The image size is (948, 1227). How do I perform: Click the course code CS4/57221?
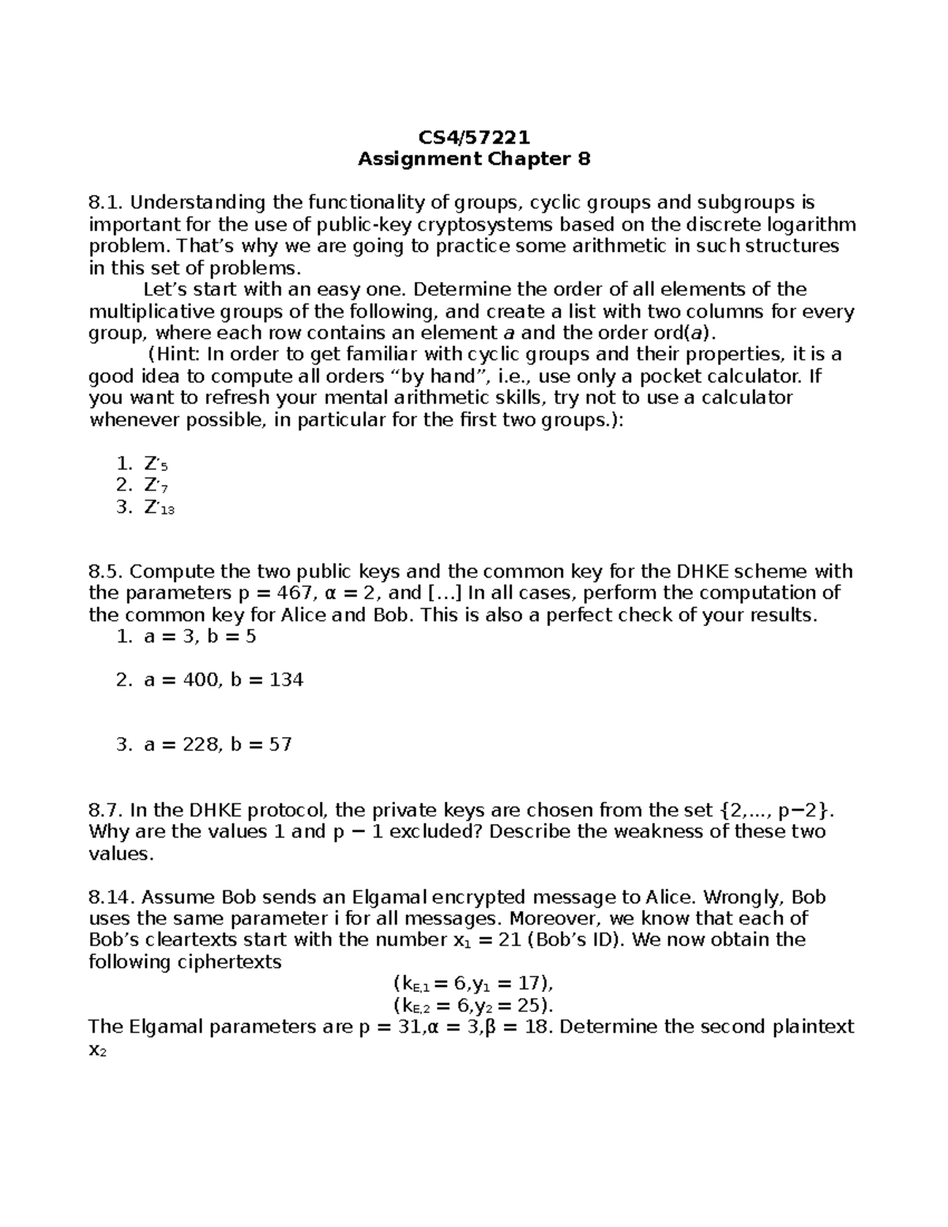coord(474,138)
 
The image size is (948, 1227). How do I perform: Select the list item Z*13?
coord(159,508)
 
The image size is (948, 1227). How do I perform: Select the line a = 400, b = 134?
coord(224,679)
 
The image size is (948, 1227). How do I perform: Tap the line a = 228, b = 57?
coord(218,744)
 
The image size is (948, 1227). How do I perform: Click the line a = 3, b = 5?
coord(200,637)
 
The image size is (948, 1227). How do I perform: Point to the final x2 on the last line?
coord(97,1050)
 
